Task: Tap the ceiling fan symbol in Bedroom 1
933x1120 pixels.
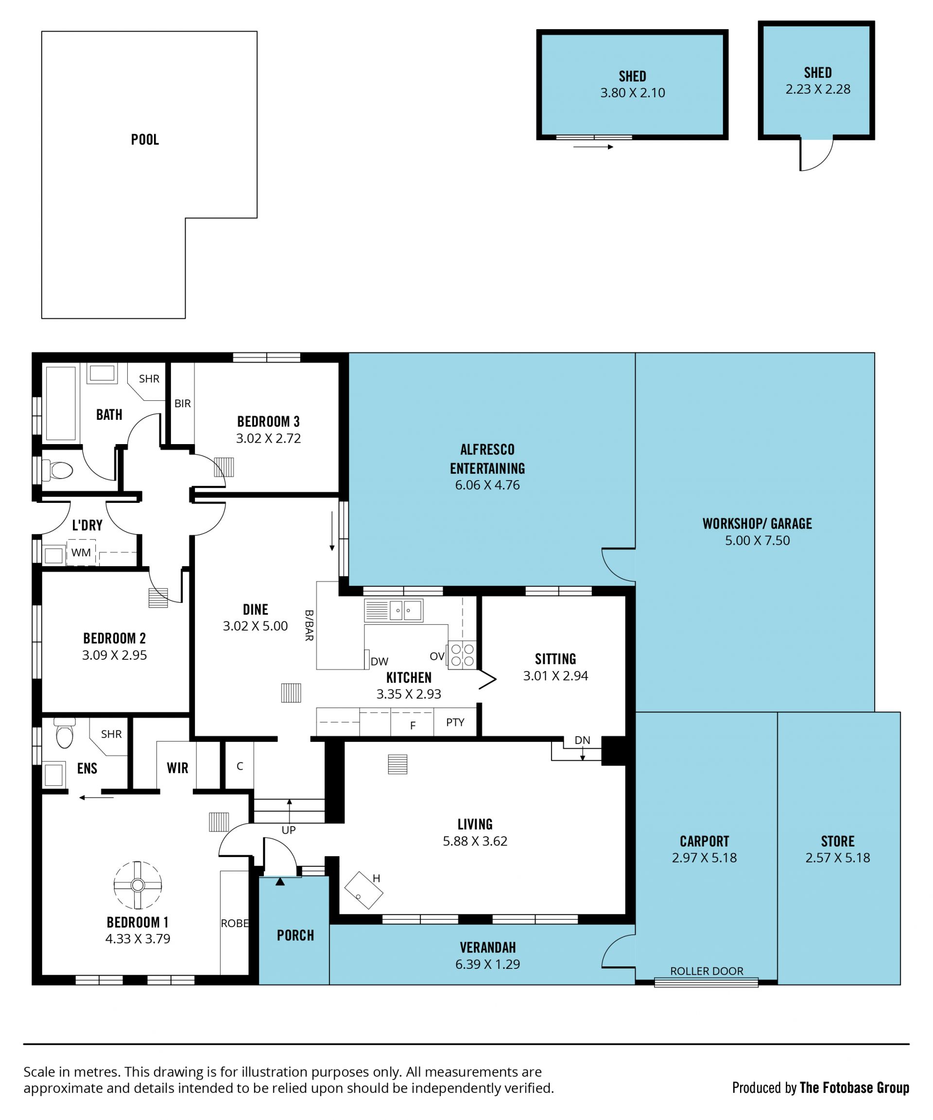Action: click(138, 885)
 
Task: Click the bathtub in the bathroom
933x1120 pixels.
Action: click(60, 403)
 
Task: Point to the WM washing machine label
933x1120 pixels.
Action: click(81, 552)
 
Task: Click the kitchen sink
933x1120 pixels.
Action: click(394, 610)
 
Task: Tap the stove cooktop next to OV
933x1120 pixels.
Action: click(462, 655)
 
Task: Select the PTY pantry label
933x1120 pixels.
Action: click(455, 722)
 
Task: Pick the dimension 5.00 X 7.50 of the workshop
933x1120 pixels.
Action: click(757, 540)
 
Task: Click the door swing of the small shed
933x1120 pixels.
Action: click(816, 155)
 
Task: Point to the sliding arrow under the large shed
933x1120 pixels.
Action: click(593, 147)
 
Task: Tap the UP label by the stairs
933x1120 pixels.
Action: click(288, 830)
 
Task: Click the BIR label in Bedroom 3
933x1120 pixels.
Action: click(182, 403)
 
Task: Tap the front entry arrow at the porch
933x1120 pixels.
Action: click(280, 881)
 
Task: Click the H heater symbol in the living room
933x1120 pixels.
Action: click(364, 890)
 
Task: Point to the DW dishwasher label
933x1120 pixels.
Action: click(380, 661)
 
